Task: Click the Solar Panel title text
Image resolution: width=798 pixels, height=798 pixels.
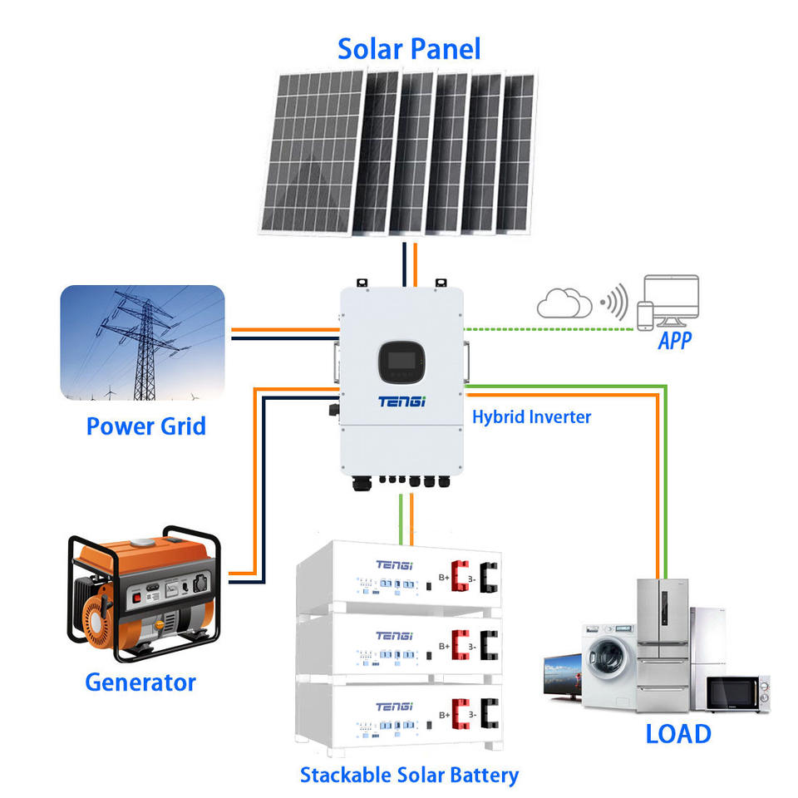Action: pyautogui.click(x=409, y=49)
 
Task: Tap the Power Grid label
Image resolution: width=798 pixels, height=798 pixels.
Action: pyautogui.click(x=145, y=426)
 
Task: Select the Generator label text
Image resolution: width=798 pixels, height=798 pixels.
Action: pyautogui.click(x=140, y=683)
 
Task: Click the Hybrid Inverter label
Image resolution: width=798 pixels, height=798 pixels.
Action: pyautogui.click(x=531, y=416)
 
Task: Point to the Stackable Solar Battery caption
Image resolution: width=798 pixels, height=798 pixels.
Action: pyautogui.click(x=409, y=776)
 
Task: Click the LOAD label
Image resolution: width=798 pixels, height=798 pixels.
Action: pyautogui.click(x=678, y=734)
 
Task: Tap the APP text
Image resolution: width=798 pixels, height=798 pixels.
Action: pyautogui.click(x=675, y=341)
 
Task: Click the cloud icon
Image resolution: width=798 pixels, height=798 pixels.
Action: pyautogui.click(x=564, y=303)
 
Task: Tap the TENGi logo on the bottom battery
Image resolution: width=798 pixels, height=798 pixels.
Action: pyautogui.click(x=393, y=707)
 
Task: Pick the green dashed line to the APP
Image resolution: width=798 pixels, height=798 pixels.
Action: pyautogui.click(x=549, y=328)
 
